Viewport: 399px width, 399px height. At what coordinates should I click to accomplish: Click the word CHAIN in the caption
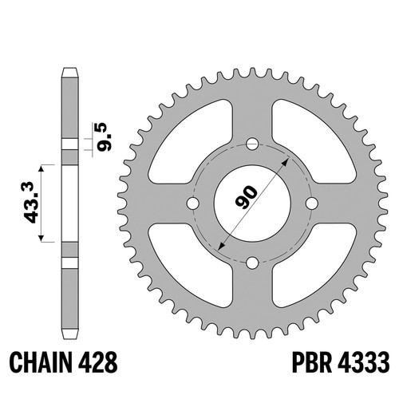click(x=41, y=362)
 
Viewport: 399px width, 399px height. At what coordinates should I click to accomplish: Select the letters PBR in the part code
click(x=312, y=362)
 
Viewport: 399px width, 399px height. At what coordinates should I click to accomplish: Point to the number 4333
click(x=364, y=362)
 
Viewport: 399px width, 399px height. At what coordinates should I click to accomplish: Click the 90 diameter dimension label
click(x=246, y=197)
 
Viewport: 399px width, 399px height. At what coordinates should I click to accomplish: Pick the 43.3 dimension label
click(x=29, y=203)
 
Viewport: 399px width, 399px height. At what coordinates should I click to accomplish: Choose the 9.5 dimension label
click(x=104, y=137)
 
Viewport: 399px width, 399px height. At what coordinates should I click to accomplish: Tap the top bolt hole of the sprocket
click(x=252, y=144)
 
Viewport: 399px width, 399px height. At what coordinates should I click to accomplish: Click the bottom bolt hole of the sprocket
click(x=252, y=263)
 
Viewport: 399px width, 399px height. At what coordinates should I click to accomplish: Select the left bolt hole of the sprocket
click(x=193, y=203)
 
